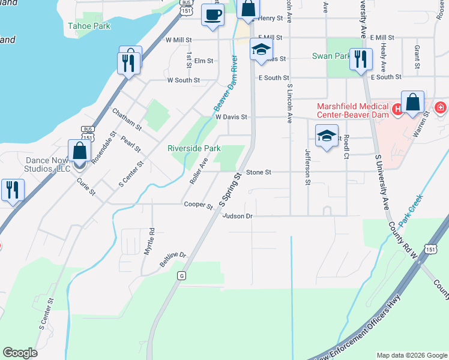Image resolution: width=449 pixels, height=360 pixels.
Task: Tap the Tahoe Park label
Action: coord(89,26)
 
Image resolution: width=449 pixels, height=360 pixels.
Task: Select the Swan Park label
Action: coord(331,56)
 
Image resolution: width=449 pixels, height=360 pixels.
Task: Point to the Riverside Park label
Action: coord(194,148)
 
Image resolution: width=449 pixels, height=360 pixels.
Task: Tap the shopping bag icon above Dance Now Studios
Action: coord(79,151)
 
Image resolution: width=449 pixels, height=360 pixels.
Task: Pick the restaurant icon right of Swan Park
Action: coord(360,59)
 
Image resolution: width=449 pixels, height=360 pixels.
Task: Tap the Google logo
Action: coord(20,353)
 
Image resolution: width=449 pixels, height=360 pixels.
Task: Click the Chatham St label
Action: coord(127,119)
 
